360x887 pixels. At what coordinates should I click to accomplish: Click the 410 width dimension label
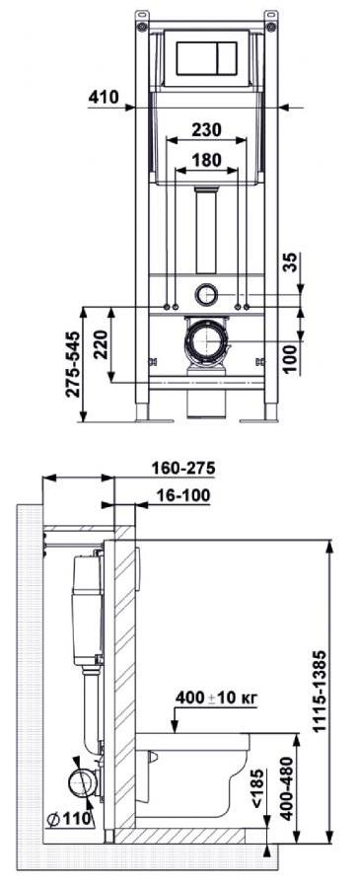[103, 97]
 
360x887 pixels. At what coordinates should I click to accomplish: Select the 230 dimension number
[206, 129]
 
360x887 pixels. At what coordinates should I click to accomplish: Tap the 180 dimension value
[206, 160]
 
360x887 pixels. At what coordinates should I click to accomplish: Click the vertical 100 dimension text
[288, 356]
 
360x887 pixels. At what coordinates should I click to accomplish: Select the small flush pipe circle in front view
[206, 294]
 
